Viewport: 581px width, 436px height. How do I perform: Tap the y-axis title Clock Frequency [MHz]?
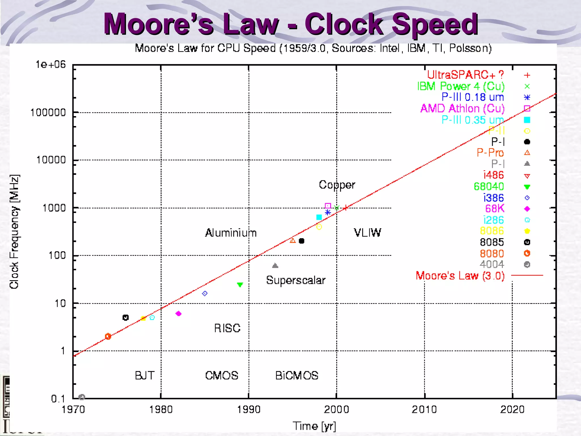tap(14, 232)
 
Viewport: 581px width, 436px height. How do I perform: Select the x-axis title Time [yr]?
tap(314, 426)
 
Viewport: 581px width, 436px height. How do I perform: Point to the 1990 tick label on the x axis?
tap(249, 409)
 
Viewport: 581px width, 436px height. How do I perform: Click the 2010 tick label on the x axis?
tap(424, 409)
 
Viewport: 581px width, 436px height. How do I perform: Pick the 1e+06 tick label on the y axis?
tap(50, 65)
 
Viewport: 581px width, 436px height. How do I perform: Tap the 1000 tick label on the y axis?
tap(54, 208)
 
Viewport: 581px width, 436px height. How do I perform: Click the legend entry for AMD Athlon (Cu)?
tap(462, 108)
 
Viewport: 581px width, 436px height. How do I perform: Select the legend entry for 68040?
tap(489, 186)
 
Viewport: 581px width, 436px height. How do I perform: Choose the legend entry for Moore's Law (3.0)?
tap(460, 276)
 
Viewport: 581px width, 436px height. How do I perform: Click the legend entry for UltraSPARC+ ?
tap(466, 75)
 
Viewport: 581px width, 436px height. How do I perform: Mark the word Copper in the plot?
tap(337, 185)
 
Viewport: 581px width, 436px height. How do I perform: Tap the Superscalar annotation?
tap(296, 280)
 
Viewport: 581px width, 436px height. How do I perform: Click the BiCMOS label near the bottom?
tap(297, 376)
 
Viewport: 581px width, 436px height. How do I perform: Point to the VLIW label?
tap(367, 232)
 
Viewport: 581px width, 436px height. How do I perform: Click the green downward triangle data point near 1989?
tap(240, 284)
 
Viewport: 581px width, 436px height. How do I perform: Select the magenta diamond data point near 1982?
tap(178, 314)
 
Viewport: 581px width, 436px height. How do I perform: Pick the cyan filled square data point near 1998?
tap(319, 217)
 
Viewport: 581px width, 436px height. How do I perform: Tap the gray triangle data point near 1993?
tap(275, 266)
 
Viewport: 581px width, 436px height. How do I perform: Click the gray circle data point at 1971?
tap(82, 397)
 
